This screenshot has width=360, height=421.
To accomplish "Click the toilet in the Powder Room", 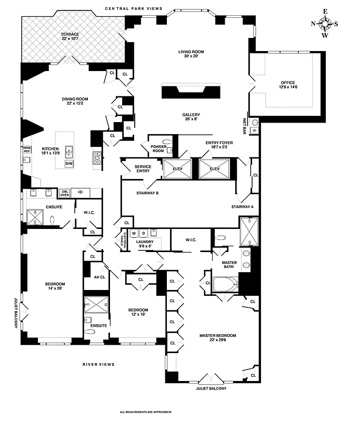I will [167, 142].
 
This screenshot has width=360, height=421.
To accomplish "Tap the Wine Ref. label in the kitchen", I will [27, 150].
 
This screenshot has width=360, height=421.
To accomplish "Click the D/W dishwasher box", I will [69, 164].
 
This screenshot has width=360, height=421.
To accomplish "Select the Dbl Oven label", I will [65, 193].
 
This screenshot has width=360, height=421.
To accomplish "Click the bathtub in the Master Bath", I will [225, 285].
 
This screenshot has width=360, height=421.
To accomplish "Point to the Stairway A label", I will [242, 206].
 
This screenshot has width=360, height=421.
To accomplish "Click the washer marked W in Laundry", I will [134, 233].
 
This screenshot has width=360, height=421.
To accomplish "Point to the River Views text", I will [98, 364].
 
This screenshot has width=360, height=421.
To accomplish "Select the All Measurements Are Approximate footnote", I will [146, 412].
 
